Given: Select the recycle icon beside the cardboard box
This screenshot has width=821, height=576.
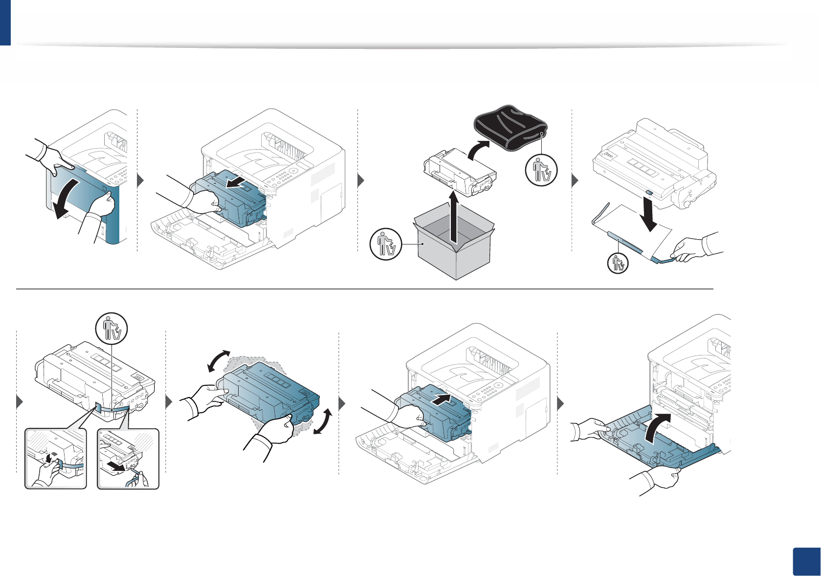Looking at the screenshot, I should [x=385, y=244].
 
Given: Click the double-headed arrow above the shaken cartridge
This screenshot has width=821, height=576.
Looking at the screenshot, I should [x=219, y=361].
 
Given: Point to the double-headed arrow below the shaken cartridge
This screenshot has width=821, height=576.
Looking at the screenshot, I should [x=323, y=422].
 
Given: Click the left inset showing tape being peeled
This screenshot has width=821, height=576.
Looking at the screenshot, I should [x=56, y=459].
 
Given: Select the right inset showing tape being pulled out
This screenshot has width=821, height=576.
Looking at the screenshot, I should [x=128, y=459].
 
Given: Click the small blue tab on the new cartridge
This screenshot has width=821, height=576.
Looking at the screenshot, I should [x=648, y=194].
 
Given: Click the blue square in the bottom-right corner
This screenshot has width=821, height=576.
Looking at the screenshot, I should [x=805, y=562].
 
